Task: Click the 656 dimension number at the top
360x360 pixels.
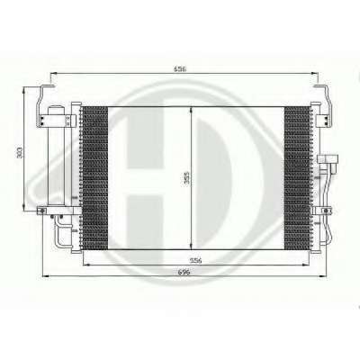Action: click(x=180, y=68)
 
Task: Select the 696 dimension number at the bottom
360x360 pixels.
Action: click(x=184, y=272)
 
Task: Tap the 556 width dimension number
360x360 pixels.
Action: click(x=196, y=261)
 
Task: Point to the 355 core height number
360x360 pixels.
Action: click(x=186, y=179)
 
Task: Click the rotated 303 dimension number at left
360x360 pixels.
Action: click(x=20, y=152)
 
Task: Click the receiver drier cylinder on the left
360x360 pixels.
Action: click(x=56, y=155)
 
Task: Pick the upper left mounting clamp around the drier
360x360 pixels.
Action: click(x=56, y=121)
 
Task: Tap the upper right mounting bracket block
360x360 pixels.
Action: click(x=323, y=120)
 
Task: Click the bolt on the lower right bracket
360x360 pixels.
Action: click(x=325, y=211)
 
